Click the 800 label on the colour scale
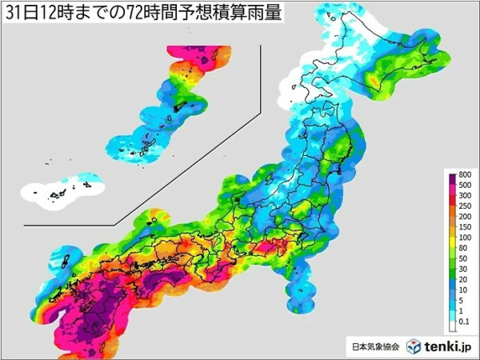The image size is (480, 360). pos(465,175)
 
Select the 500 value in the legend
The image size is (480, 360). pos(465,186)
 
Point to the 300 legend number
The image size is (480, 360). pos(465,196)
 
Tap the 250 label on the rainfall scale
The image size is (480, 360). pos(465,206)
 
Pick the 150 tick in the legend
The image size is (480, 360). pos(465,227)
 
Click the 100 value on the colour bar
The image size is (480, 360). pos(465,237)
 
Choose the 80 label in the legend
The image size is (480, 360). pos(463,247)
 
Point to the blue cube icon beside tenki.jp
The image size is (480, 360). pos(413,346)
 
